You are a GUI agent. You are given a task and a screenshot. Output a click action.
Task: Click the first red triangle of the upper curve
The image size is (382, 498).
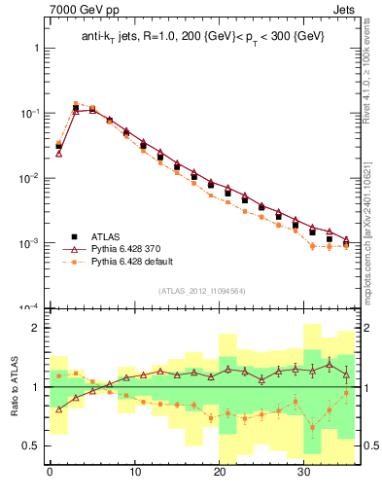click(x=58, y=153)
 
